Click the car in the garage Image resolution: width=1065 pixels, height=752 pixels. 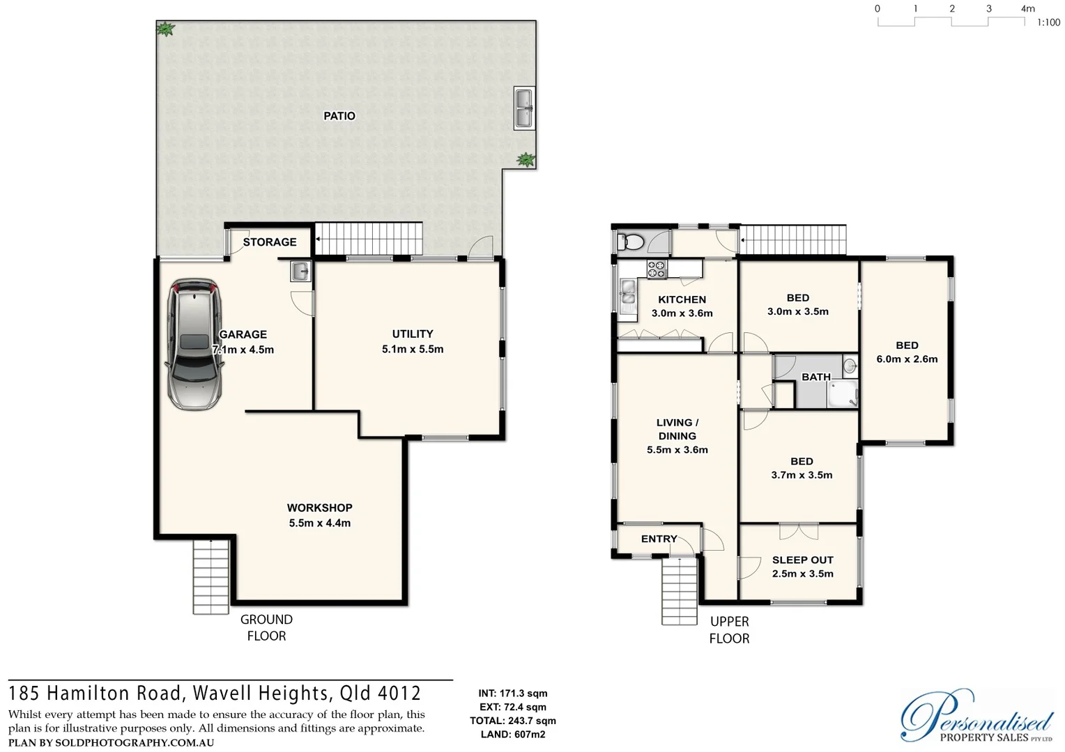click(x=194, y=344)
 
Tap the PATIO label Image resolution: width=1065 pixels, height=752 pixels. click(x=339, y=116)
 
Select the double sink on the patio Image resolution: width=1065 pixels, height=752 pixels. click(x=523, y=109)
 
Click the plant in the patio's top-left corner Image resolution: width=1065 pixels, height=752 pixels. click(x=165, y=29)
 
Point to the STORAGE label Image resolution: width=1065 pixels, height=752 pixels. click(x=270, y=242)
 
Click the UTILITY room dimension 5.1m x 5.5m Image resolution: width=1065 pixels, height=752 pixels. click(x=413, y=350)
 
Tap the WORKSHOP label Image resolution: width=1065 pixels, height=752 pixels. click(x=320, y=508)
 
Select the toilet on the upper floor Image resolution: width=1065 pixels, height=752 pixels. click(x=631, y=242)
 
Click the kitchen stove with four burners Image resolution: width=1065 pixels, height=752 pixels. click(x=657, y=269)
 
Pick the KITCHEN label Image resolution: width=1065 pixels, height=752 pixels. click(x=682, y=299)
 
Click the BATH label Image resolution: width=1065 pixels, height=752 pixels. click(x=815, y=377)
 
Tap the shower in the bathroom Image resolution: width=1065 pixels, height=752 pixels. click(x=842, y=394)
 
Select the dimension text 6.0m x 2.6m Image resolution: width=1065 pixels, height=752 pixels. click(x=907, y=359)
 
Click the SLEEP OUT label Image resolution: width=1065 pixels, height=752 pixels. click(x=802, y=560)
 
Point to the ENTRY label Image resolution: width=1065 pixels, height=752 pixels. click(x=659, y=539)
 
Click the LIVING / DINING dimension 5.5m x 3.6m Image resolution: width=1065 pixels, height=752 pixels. click(x=677, y=450)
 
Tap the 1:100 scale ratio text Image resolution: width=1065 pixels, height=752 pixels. click(x=1048, y=23)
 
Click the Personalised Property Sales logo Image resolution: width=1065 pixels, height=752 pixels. click(x=976, y=717)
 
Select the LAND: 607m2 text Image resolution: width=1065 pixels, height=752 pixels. click(x=513, y=735)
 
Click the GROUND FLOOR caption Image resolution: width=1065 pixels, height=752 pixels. click(x=266, y=627)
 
